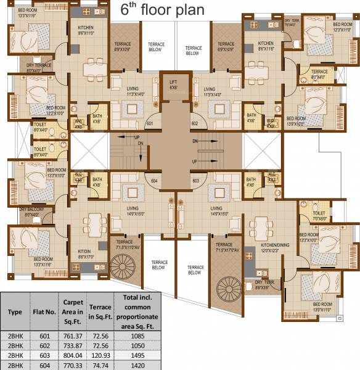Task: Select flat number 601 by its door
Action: (149, 123)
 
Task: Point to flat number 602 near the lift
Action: (195, 123)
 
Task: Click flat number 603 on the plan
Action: (195, 180)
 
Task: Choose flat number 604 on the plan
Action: (155, 180)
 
